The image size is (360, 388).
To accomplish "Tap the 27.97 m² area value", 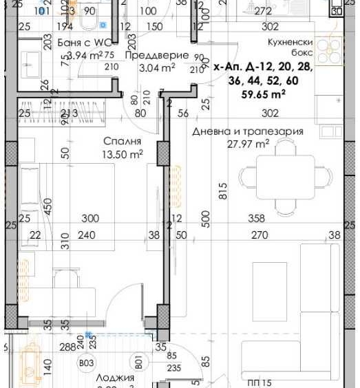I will point(248,144).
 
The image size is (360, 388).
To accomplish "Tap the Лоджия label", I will point(111,377).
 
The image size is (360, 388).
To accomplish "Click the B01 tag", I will point(138,360).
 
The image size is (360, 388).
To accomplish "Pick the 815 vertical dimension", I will point(223,191).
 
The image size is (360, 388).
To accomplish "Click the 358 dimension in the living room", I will point(256,219).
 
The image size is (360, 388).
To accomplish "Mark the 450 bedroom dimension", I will point(47,206).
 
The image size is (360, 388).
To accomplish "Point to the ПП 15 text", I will point(260,383).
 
